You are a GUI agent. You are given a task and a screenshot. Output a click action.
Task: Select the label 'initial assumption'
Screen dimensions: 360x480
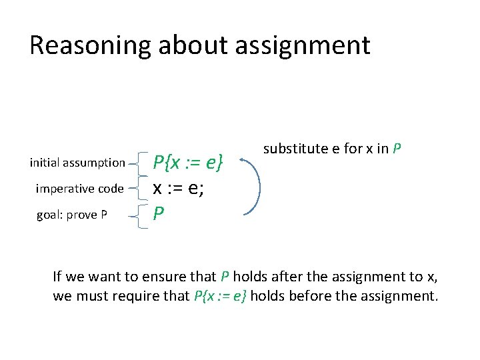click(78, 162)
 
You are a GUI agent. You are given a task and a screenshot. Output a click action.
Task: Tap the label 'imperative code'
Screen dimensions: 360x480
click(79, 189)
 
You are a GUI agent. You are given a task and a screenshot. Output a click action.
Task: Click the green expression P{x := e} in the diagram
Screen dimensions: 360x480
click(187, 162)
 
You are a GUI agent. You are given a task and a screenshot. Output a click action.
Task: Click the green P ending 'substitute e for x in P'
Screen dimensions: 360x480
click(397, 148)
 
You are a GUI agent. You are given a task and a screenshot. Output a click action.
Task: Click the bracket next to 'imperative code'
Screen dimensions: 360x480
click(140, 189)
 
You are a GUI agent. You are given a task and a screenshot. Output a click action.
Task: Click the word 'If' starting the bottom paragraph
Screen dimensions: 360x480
click(57, 276)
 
